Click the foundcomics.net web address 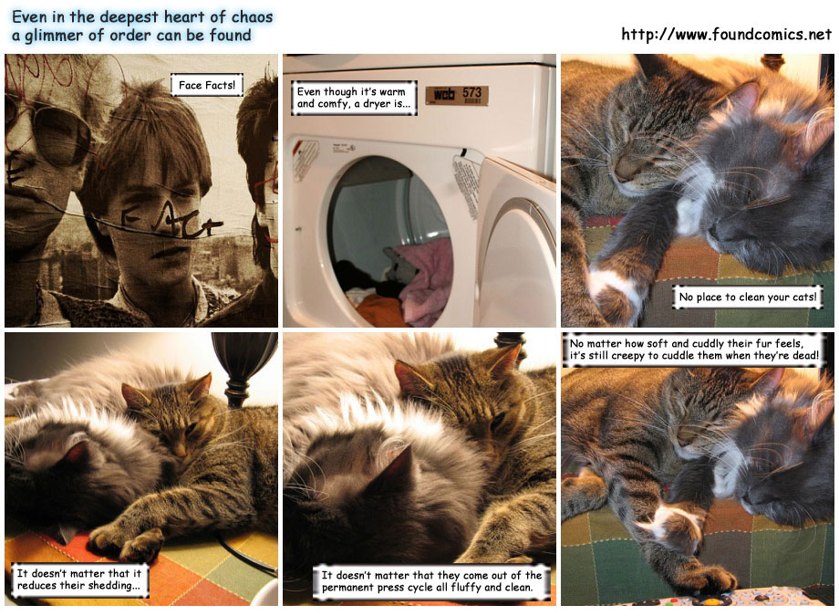pyautogui.click(x=726, y=35)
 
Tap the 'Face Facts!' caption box pyautogui.click(x=206, y=85)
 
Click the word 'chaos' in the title pyautogui.click(x=252, y=16)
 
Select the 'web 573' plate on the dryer pyautogui.click(x=457, y=94)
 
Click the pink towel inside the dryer pyautogui.click(x=424, y=278)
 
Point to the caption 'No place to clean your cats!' pyautogui.click(x=748, y=297)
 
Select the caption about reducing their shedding pyautogui.click(x=79, y=579)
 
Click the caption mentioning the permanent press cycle pyautogui.click(x=431, y=581)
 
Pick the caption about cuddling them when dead pyautogui.click(x=693, y=350)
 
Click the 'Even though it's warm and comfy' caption pyautogui.click(x=354, y=98)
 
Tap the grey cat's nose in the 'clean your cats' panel pyautogui.click(x=712, y=233)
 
